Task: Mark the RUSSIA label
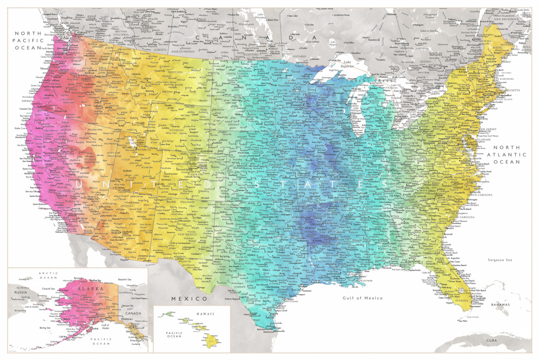coord(19,295)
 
